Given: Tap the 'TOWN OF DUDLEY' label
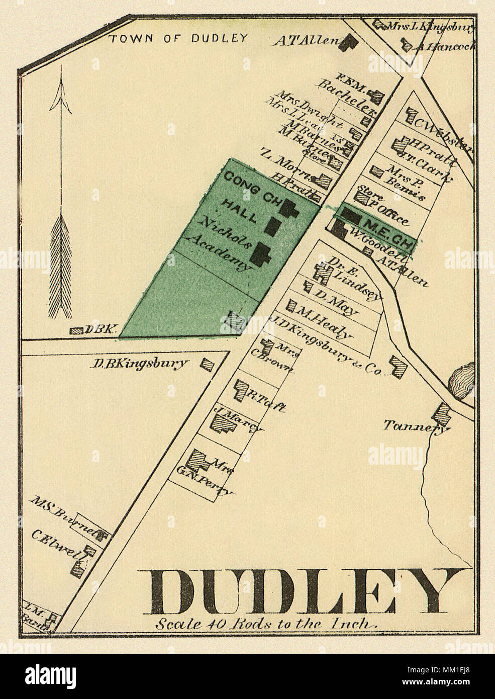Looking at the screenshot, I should click(x=179, y=38).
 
